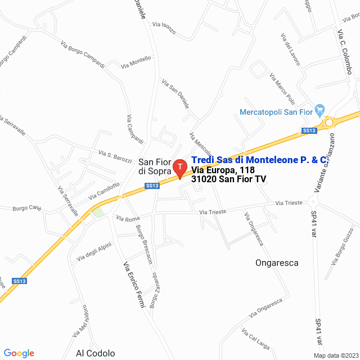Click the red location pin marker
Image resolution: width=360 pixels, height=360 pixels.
pos(179,168)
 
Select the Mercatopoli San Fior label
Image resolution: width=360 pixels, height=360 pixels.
pos(276,112)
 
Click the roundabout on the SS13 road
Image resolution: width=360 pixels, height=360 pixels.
pos(329,121)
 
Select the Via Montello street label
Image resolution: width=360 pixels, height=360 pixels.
pos(136,62)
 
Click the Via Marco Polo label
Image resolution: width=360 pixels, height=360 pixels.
pos(282,89)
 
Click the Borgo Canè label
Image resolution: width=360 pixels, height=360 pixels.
pos(28,209)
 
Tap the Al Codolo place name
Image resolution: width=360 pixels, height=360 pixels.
pos(96,353)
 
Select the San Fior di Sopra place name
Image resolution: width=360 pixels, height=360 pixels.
pos(155,166)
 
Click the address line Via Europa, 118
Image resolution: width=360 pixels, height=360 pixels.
pos(223,170)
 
